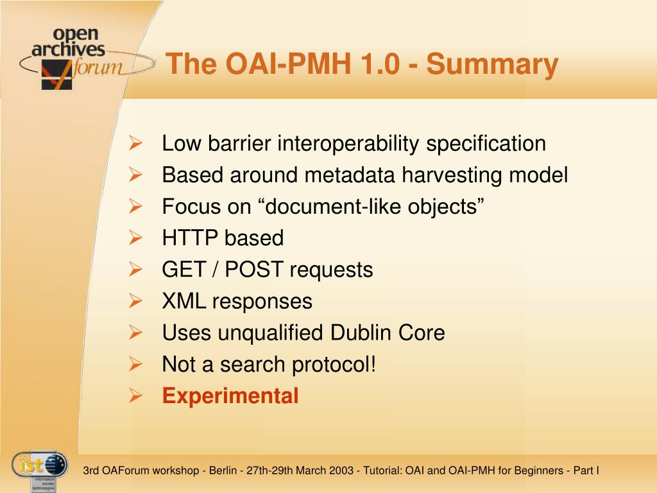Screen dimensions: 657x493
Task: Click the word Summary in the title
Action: click(492, 65)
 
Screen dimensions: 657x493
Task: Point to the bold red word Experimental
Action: click(230, 395)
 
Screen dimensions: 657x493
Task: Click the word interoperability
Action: click(348, 144)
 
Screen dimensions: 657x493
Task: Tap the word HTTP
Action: click(190, 238)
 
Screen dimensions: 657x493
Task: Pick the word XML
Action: click(184, 301)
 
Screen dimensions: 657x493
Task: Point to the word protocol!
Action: click(334, 365)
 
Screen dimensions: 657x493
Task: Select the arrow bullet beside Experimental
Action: click(135, 395)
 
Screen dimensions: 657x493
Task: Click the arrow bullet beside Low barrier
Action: click(135, 143)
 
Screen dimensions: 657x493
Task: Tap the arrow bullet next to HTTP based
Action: click(135, 238)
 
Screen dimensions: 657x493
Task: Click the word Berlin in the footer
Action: click(223, 471)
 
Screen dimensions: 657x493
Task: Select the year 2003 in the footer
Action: click(341, 471)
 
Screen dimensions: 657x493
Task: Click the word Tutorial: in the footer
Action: click(382, 471)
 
